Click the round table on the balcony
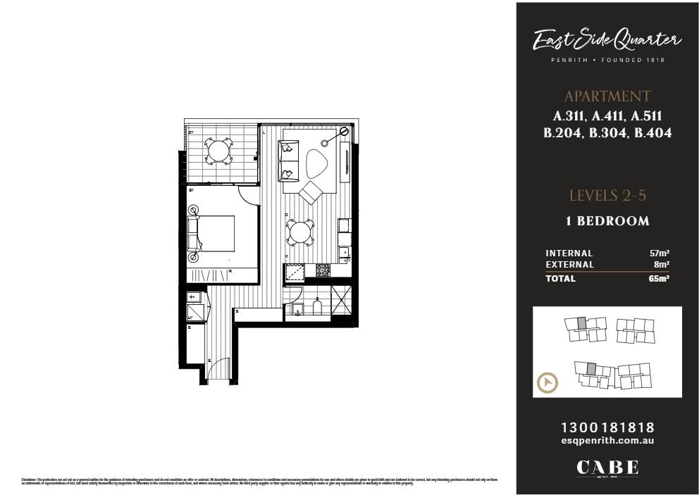click(218, 150)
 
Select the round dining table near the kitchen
click(300, 232)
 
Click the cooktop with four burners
click(322, 270)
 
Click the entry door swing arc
click(220, 370)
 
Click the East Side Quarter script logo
click(607, 41)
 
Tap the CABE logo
click(607, 468)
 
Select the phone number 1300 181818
click(607, 427)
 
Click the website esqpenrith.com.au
click(607, 440)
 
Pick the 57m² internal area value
click(659, 253)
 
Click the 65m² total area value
click(659, 278)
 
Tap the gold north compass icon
click(548, 384)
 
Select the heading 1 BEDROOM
click(607, 221)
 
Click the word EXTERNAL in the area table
click(570, 265)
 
